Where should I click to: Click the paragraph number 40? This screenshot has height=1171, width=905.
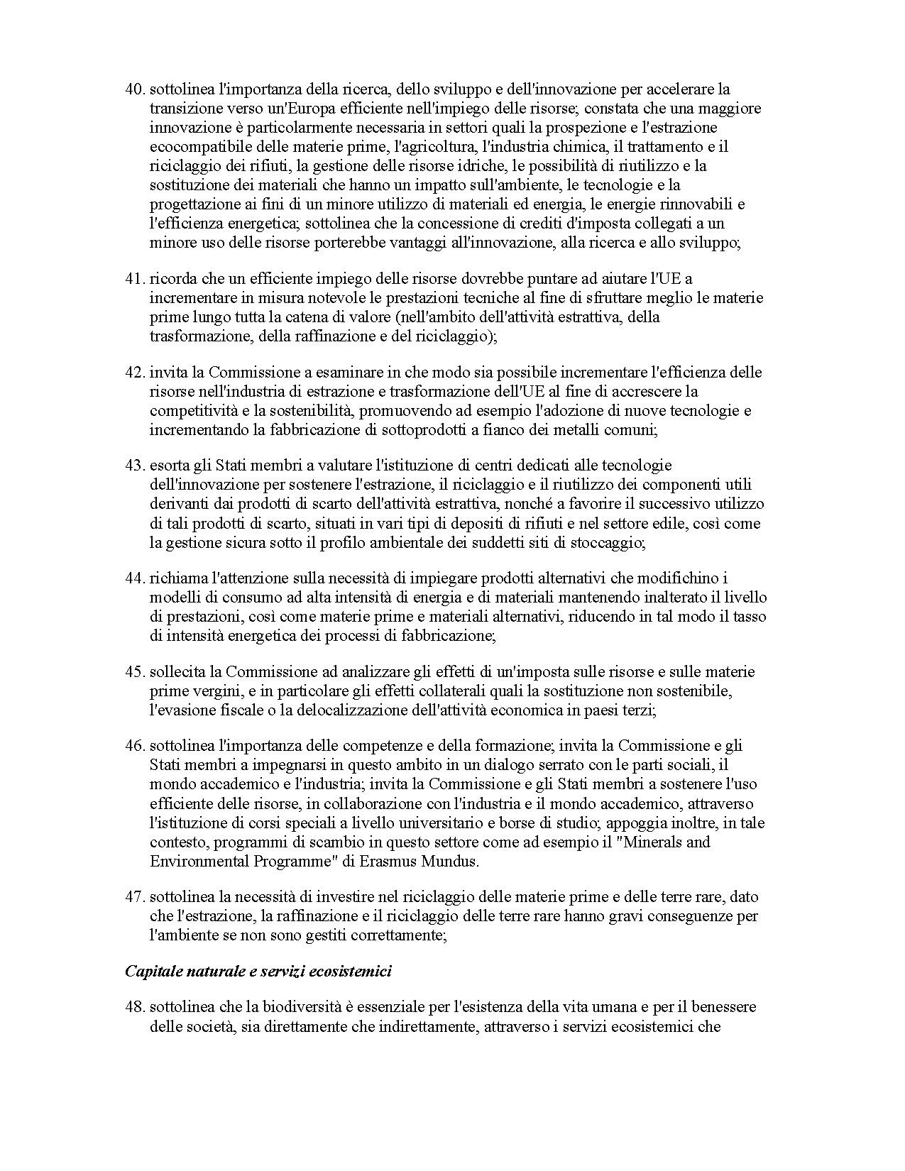click(135, 89)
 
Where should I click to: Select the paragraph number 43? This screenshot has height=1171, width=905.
click(135, 466)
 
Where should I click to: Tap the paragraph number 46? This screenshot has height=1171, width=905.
click(135, 747)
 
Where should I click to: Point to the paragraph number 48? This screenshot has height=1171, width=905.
click(135, 1008)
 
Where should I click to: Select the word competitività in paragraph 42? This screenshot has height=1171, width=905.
click(192, 411)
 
